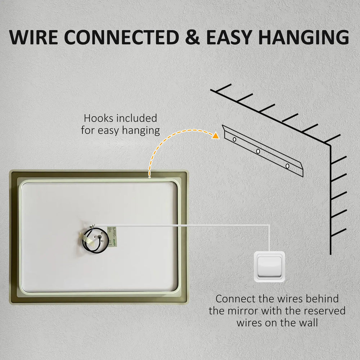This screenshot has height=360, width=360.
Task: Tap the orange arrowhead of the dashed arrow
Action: [x=215, y=136]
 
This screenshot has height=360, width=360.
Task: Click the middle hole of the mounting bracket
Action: [x=258, y=151]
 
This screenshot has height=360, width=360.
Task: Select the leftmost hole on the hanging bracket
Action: [x=234, y=139]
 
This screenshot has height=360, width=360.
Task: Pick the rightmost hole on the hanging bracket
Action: [x=287, y=166]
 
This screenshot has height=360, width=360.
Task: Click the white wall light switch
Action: [x=269, y=266]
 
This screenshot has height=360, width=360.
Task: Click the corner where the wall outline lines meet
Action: [x=330, y=145]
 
